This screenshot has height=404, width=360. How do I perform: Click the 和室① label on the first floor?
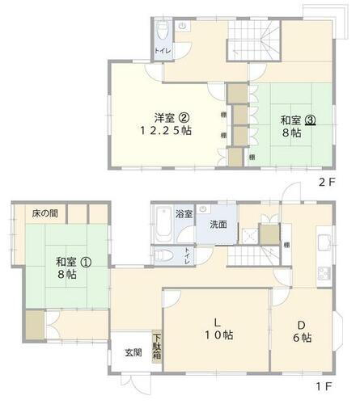point(69,262)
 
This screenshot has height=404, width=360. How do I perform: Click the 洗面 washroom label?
point(218,224)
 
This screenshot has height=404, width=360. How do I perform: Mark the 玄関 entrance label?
point(133,353)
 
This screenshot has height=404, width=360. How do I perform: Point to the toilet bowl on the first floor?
point(166,256)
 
